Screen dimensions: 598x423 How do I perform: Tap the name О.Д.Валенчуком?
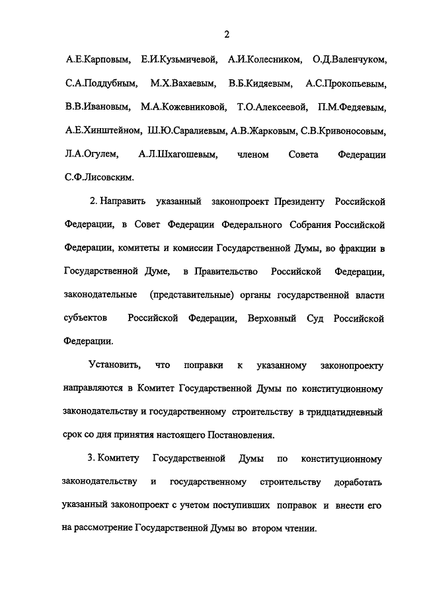point(344,60)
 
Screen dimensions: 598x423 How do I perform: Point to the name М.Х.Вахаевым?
point(178,84)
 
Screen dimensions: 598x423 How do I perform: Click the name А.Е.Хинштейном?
point(100,131)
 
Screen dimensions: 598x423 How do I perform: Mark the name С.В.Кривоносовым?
point(342,131)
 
